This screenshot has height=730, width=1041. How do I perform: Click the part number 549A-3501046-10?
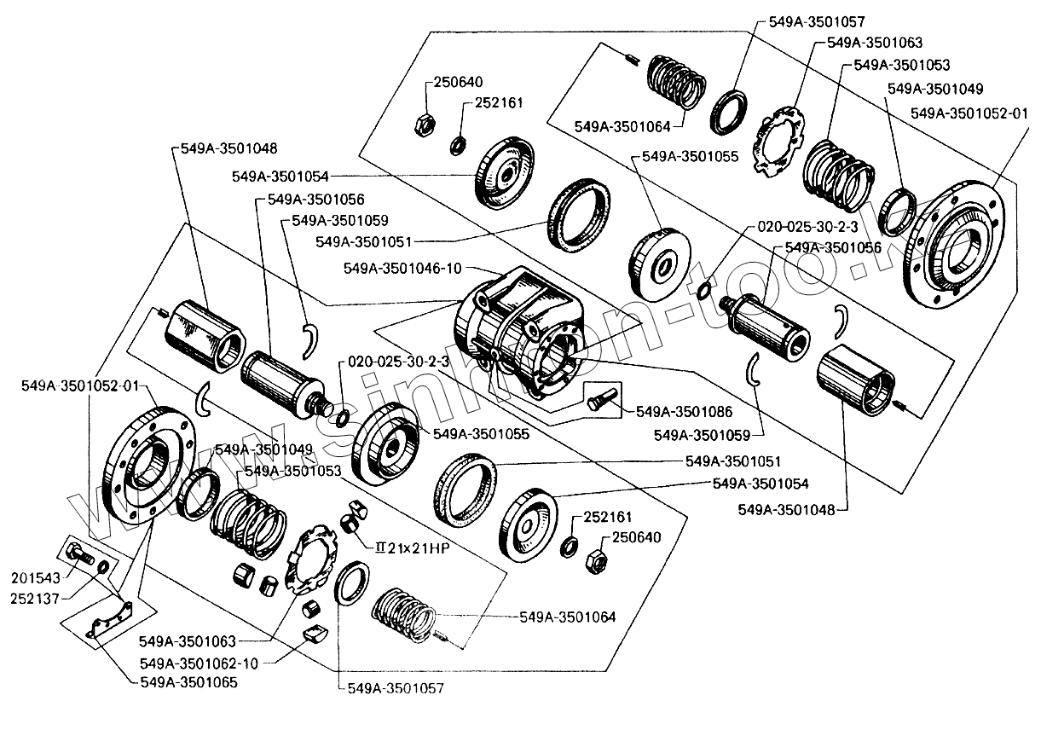(x=402, y=268)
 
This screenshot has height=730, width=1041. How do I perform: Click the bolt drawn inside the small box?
(x=604, y=397)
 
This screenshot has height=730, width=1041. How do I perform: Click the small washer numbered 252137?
(x=103, y=567)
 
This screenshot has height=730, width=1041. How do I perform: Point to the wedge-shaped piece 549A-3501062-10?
(x=315, y=634)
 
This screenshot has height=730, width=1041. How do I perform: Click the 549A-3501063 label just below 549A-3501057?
(x=875, y=42)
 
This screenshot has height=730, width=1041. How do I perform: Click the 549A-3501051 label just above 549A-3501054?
(x=733, y=461)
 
